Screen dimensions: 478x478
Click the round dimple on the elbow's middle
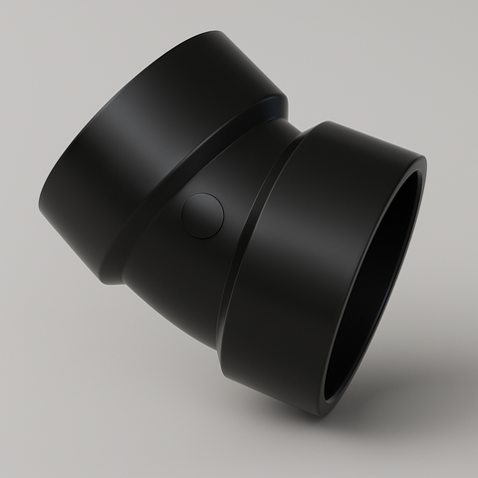203,215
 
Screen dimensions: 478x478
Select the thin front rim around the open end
418,199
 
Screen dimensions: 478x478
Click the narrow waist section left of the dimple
159,239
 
